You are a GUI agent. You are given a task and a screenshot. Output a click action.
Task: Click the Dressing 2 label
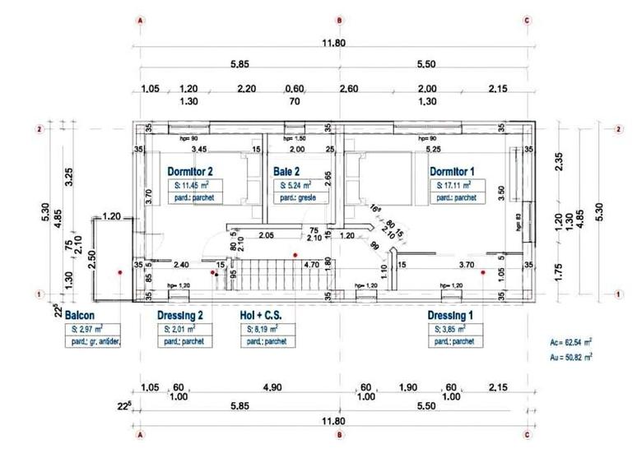coord(180,316)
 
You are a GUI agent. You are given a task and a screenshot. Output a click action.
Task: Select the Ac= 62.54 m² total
coord(570,339)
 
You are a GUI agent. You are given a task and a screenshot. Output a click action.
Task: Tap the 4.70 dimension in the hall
coord(311,266)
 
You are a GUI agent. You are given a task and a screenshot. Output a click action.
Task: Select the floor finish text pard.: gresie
coord(300,199)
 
